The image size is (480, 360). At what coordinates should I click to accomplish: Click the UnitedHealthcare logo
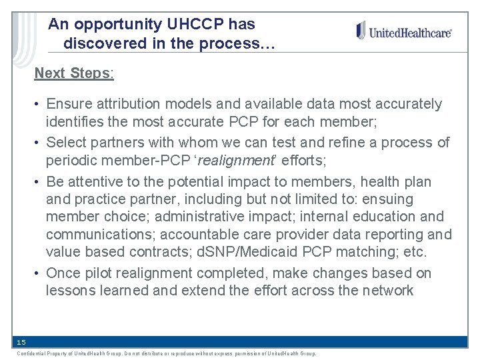click(x=404, y=31)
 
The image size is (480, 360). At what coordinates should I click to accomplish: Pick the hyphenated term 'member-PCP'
click(x=151, y=161)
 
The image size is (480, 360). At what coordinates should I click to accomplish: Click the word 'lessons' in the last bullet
click(x=69, y=291)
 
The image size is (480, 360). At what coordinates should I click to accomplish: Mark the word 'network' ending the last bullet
click(x=388, y=291)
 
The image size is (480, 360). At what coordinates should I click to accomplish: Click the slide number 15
click(x=21, y=342)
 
